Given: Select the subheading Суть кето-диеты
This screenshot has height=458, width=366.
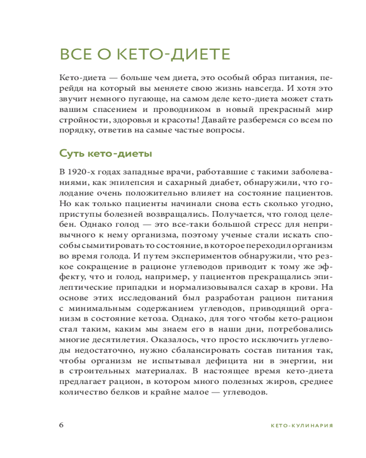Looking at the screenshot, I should point(106,153).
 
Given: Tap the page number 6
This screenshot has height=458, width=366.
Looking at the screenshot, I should point(62,424).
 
